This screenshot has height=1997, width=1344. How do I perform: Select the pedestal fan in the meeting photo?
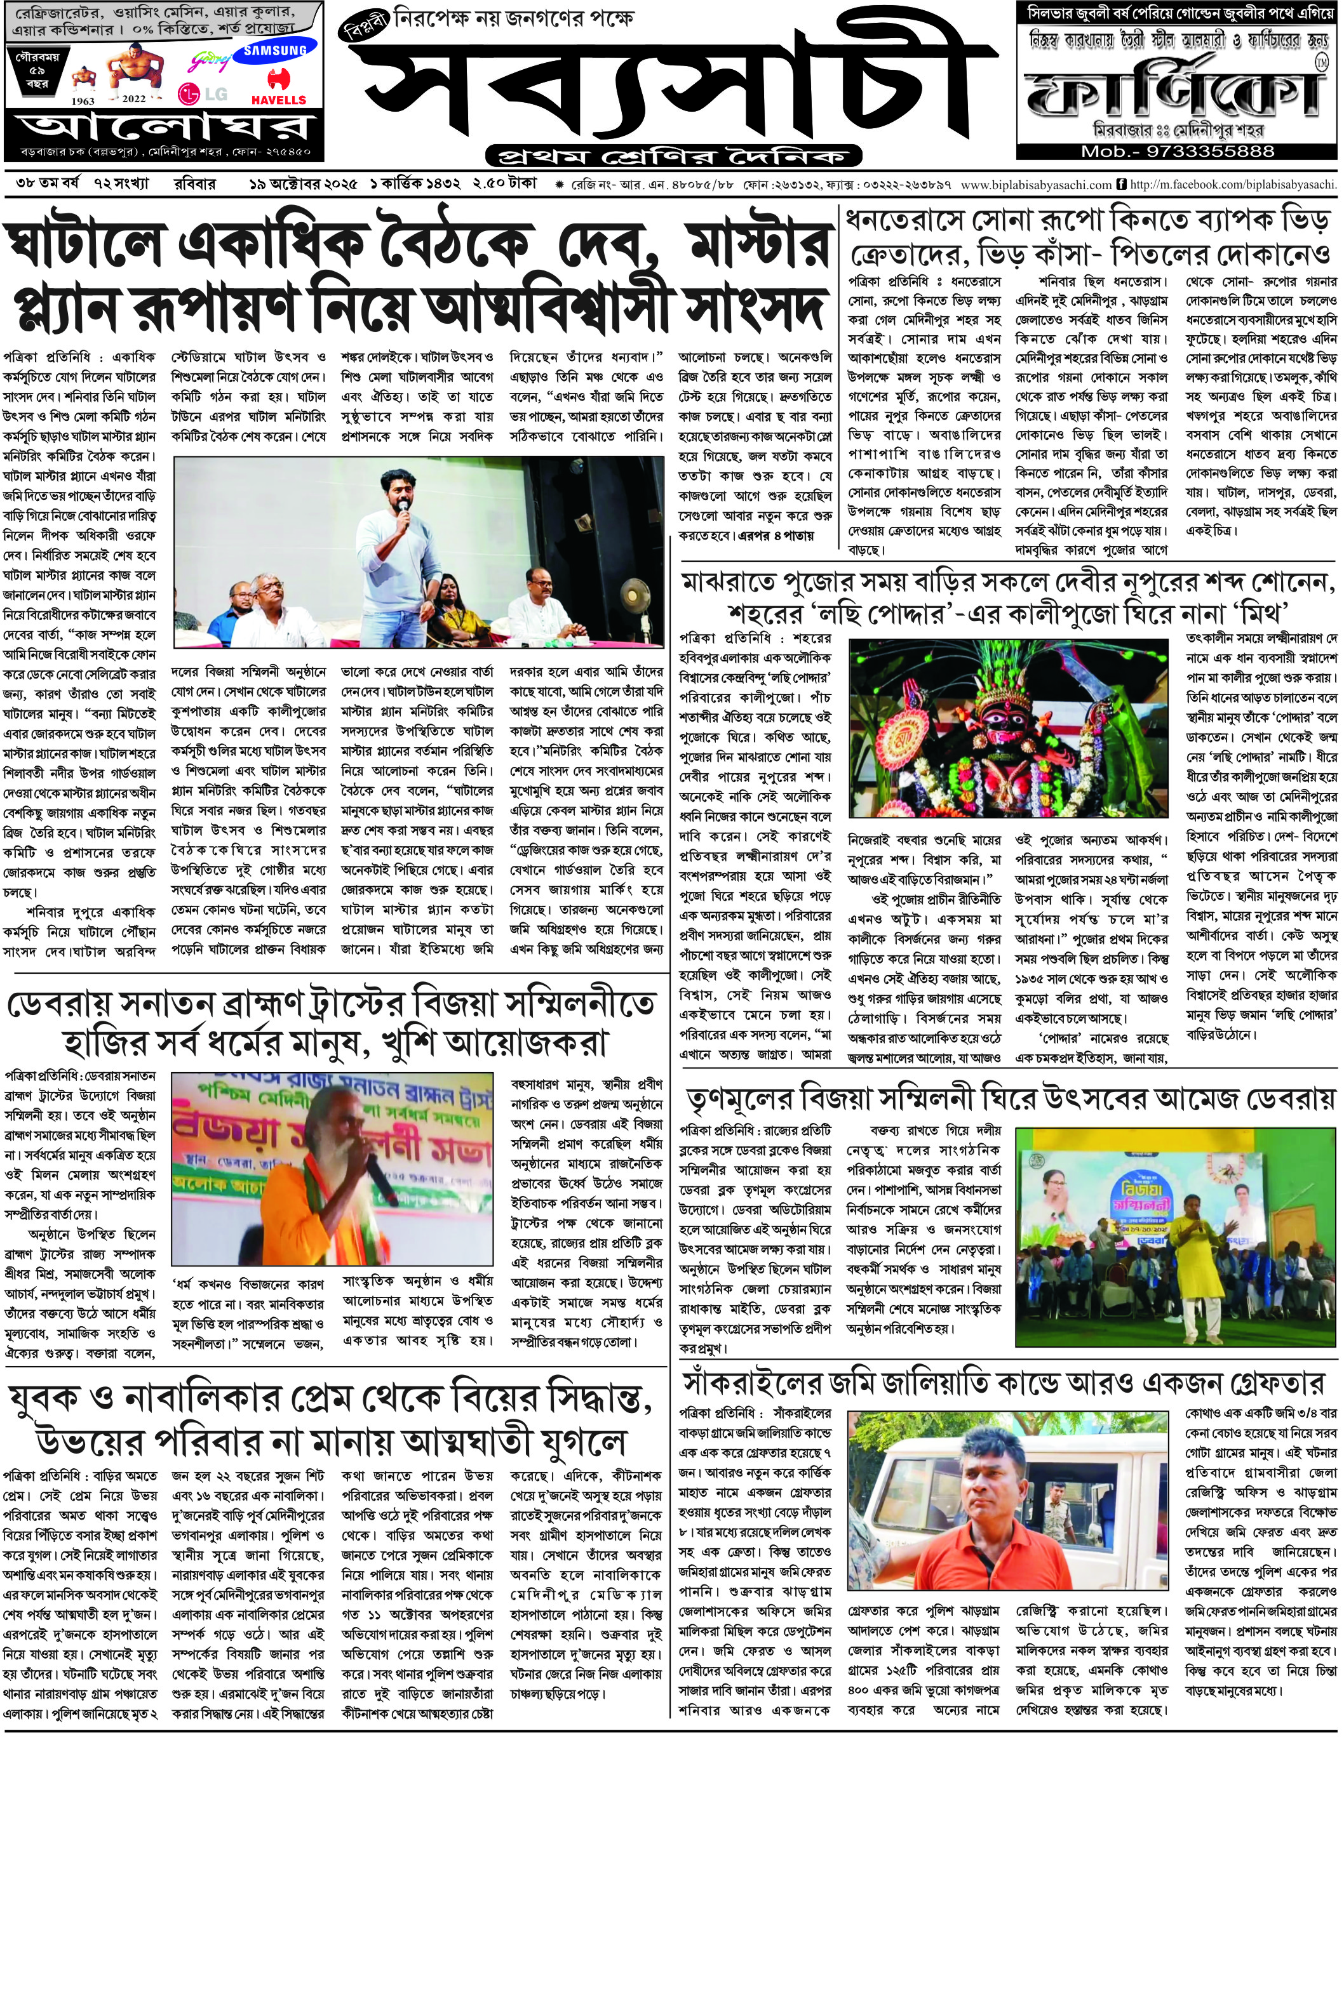[x=635, y=600]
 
